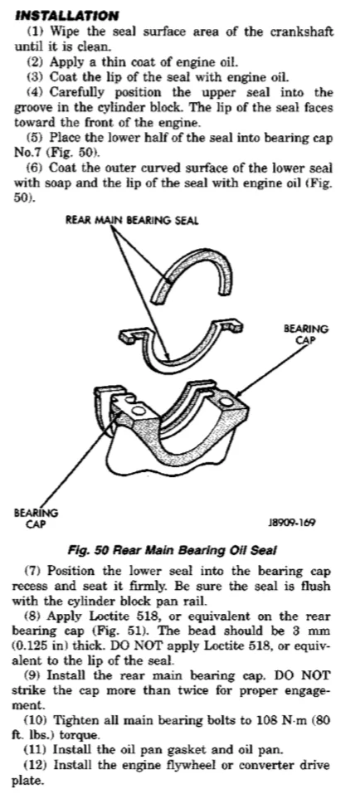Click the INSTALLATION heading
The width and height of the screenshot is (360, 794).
67,15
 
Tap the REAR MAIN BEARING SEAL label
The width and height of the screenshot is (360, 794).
132,220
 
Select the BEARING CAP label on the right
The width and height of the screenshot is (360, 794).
305,334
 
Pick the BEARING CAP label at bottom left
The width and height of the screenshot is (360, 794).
36,518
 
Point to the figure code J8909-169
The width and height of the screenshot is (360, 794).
292,523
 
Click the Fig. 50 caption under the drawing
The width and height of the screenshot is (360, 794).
173,550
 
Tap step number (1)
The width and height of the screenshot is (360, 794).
35,32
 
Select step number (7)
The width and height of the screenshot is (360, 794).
35,571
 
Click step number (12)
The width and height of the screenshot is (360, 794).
37,766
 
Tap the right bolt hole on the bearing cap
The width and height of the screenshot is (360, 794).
226,402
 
